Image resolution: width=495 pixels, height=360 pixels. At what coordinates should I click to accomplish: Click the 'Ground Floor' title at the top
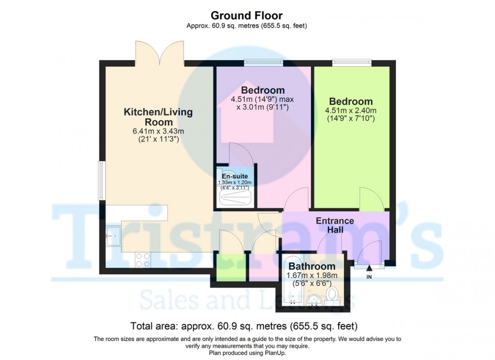tap(247, 16)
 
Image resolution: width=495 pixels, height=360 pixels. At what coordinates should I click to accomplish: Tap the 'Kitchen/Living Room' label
tap(158, 117)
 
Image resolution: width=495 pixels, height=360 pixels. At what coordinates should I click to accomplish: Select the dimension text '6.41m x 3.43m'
tap(158, 131)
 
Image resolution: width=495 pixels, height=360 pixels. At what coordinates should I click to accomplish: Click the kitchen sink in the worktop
tap(113, 235)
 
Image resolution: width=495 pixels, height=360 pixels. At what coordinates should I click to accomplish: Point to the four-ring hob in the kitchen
tap(143, 260)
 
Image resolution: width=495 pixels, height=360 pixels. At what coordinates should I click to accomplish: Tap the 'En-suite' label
tap(235, 176)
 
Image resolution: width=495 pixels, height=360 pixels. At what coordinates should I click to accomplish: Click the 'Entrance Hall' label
tap(335, 225)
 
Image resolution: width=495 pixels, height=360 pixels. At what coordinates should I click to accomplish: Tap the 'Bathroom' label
tap(312, 266)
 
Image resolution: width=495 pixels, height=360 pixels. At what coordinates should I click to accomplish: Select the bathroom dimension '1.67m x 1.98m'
tap(312, 276)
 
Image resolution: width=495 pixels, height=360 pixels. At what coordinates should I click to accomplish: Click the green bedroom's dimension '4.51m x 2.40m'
tap(351, 111)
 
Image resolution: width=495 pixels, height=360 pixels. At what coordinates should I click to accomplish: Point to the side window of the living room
tap(101, 180)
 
